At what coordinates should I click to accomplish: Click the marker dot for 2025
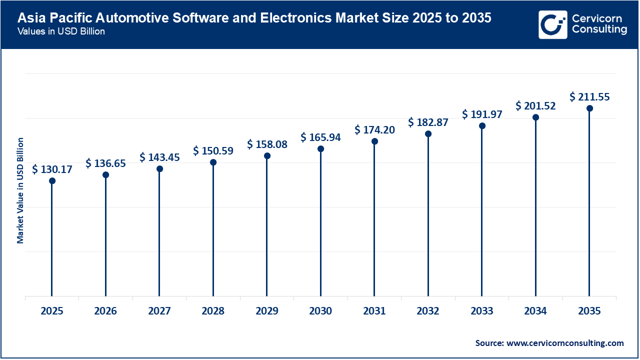pos(52,180)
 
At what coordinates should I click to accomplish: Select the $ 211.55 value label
pos(589,97)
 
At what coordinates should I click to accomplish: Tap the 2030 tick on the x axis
pos(320,311)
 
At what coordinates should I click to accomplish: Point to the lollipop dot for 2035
pos(589,108)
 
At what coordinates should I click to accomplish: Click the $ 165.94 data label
pos(320,137)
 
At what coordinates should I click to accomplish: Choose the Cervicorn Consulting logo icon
pos(552,24)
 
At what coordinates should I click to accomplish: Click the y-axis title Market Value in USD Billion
pos(20,190)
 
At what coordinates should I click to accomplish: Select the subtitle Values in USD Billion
pos(61,31)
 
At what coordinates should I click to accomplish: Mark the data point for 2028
pos(213,162)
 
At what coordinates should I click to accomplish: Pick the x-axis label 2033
pos(482,311)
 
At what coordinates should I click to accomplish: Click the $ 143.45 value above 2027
pos(159,157)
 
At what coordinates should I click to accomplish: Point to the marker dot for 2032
pos(428,133)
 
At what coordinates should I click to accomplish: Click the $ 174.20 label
pos(374,130)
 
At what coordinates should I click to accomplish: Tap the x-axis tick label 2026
pos(105,311)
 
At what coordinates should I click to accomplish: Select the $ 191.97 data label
pos(482,114)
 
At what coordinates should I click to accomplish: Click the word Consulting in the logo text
pos(599,30)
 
